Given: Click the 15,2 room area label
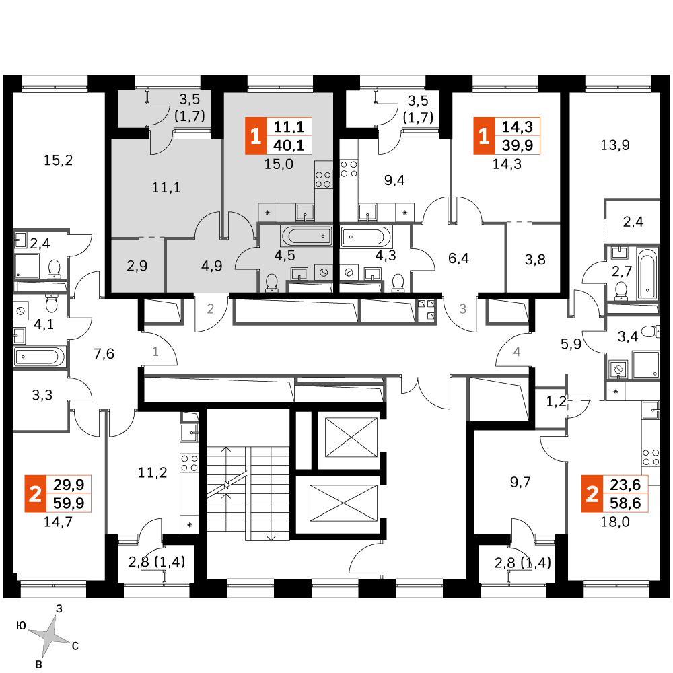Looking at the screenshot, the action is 58,160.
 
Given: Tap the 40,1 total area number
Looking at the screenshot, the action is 289,145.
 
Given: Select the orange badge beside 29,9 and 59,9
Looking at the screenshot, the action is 35,493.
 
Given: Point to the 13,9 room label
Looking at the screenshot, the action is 614,145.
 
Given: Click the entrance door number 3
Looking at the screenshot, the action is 462,309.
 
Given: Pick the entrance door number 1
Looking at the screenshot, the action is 155,352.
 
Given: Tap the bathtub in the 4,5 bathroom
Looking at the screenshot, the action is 306,236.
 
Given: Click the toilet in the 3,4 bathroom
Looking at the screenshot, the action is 651,331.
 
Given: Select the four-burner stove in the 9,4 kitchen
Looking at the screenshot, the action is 349,168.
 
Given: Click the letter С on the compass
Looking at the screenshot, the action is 75,646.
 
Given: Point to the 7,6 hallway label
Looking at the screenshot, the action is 104,354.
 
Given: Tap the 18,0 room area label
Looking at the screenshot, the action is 614,522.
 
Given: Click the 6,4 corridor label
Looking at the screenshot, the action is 458,258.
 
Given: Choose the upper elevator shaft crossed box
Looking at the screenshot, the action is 351,437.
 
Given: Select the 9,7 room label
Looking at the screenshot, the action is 520,482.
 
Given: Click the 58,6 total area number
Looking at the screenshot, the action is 625,503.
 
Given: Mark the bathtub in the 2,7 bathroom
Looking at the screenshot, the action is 647,276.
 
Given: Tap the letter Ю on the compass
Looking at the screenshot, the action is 20,625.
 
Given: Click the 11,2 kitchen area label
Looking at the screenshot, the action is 152,472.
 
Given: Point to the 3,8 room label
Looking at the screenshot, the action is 535,259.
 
